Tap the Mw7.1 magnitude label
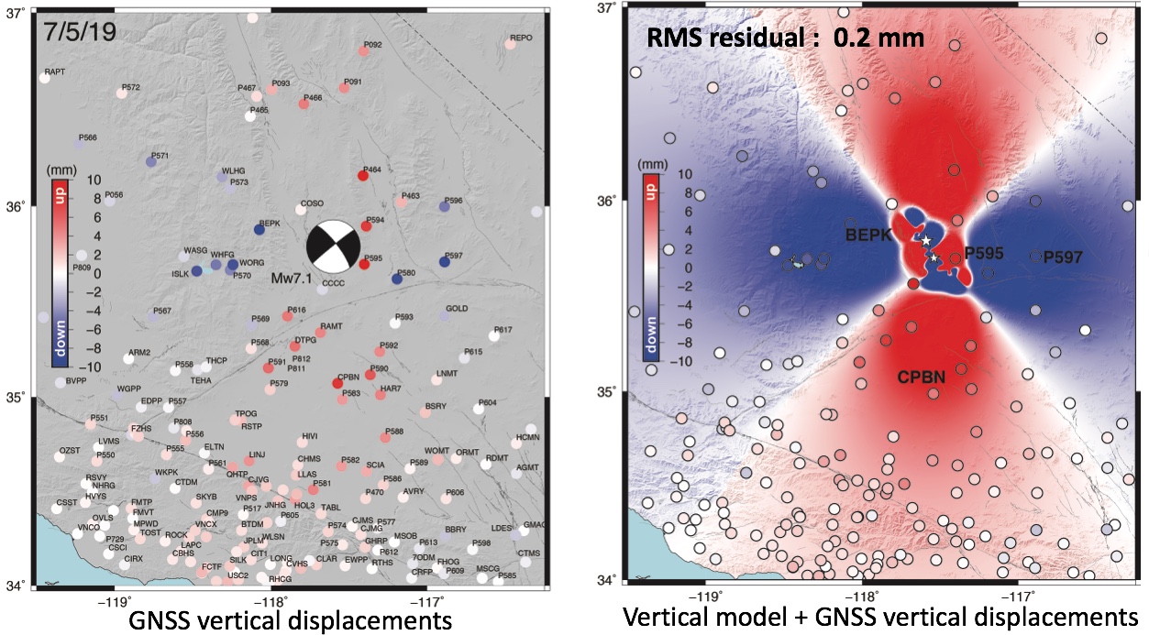[x=293, y=277]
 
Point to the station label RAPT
[x=56, y=71]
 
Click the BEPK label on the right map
[x=867, y=235]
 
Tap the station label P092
[x=372, y=44]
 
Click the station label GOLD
[x=457, y=308]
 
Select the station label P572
[x=130, y=87]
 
